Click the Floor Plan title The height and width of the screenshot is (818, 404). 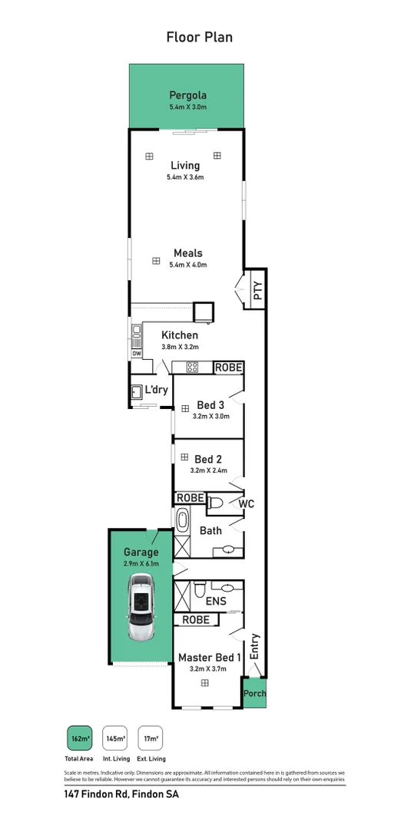(x=200, y=37)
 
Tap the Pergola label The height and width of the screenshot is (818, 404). (x=188, y=96)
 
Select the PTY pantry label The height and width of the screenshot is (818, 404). (x=258, y=290)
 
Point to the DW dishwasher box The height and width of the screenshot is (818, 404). (x=137, y=354)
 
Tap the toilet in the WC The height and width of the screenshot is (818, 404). (x=216, y=504)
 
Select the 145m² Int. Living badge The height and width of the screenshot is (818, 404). (x=115, y=738)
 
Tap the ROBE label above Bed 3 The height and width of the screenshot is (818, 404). (x=228, y=368)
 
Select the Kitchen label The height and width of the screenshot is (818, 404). (x=180, y=335)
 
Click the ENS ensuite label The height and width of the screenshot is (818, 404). (x=216, y=601)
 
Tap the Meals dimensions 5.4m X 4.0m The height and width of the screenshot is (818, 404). (x=187, y=265)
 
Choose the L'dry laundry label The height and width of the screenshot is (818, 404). (x=157, y=391)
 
